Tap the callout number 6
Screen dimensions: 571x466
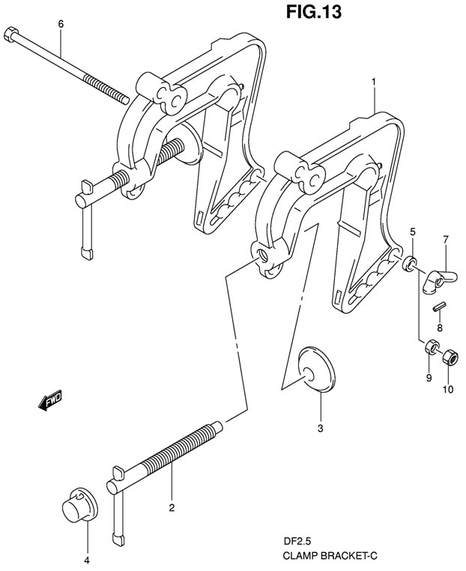pyautogui.click(x=61, y=24)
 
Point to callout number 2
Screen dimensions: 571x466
pyautogui.click(x=172, y=509)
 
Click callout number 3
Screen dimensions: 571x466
pyautogui.click(x=320, y=429)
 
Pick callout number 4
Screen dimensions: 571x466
pyautogui.click(x=86, y=560)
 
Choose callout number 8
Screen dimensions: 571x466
pyautogui.click(x=440, y=327)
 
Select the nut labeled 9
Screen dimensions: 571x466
pyautogui.click(x=431, y=348)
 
